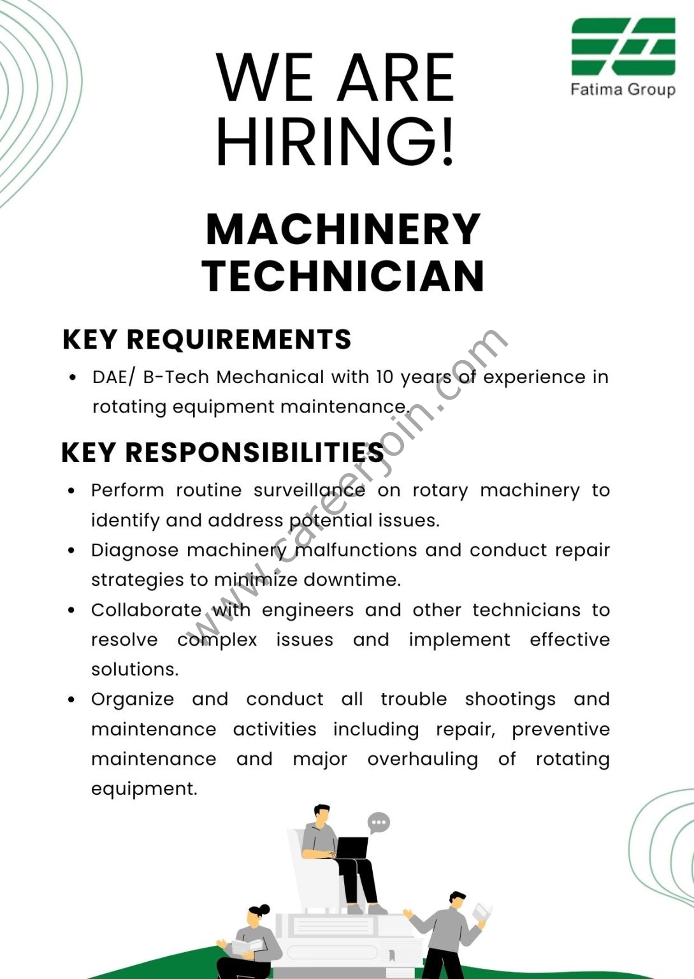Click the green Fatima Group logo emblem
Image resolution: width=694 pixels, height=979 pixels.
pyautogui.click(x=623, y=47)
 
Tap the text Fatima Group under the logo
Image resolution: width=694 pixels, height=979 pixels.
pyautogui.click(x=623, y=89)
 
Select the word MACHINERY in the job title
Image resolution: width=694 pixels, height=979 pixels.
pyautogui.click(x=343, y=229)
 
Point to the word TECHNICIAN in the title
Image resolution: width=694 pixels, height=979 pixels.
pyautogui.click(x=343, y=276)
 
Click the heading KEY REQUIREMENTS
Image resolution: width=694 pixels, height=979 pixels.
pyautogui.click(x=207, y=339)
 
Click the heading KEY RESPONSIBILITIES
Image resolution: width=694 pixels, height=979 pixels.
pyautogui.click(x=222, y=453)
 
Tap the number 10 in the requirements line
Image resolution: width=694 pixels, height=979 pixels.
pyautogui.click(x=384, y=377)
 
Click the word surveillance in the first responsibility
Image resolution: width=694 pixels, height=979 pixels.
pyautogui.click(x=309, y=490)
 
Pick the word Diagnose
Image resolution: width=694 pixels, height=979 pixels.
pyautogui.click(x=134, y=550)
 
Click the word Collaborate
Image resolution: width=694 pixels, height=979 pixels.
pyautogui.click(x=146, y=610)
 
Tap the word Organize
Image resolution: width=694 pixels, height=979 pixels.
pyautogui.click(x=133, y=699)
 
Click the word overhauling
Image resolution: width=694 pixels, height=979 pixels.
pyautogui.click(x=423, y=759)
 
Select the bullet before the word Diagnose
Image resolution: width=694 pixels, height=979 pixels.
pyautogui.click(x=71, y=550)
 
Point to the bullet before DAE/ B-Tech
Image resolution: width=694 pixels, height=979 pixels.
pyautogui.click(x=73, y=377)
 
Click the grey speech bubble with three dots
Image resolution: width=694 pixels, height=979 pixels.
pyautogui.click(x=379, y=822)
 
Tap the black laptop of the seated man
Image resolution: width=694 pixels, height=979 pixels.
pyautogui.click(x=352, y=848)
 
